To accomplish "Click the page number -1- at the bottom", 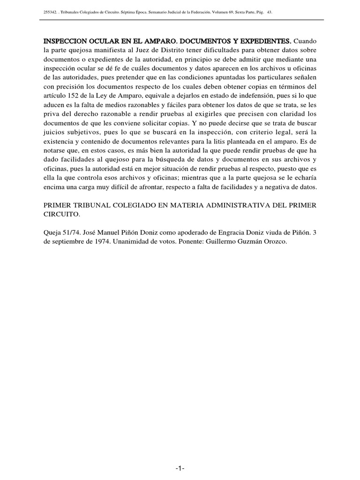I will (x=180, y=470).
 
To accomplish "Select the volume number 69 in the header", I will (x=231, y=12).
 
